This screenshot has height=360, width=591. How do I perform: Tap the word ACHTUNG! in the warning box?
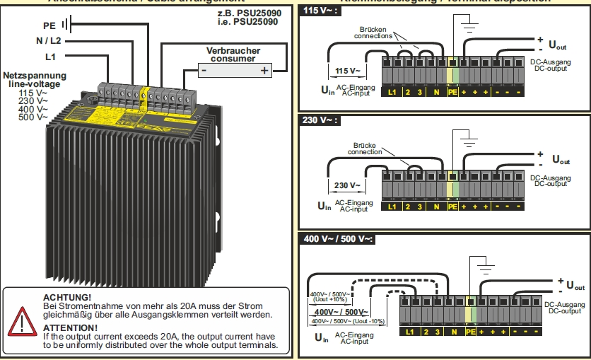pyautogui.click(x=67, y=297)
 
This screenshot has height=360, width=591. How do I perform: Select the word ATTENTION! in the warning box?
pyautogui.click(x=70, y=328)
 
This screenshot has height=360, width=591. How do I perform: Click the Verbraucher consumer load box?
pyautogui.click(x=233, y=70)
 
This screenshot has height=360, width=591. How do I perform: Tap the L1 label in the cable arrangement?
pyautogui.click(x=50, y=56)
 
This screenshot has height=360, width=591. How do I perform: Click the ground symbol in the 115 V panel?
pyautogui.click(x=468, y=29)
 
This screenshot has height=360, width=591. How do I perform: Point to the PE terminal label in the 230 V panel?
pyautogui.click(x=452, y=207)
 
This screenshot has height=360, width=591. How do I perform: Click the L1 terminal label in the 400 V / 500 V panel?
pyautogui.click(x=410, y=332)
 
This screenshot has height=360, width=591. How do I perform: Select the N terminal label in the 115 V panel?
pyautogui.click(x=436, y=92)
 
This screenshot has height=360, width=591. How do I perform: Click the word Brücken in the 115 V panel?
pyautogui.click(x=372, y=28)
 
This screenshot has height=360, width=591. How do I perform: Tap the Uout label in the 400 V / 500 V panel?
pyautogui.click(x=575, y=287)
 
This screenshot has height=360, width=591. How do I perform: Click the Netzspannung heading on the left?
pyautogui.click(x=35, y=75)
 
